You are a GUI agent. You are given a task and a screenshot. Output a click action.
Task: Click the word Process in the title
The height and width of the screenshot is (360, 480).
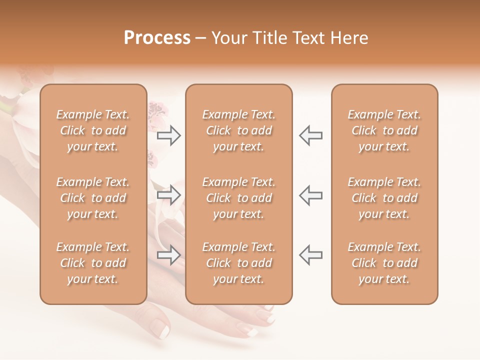tap(157, 38)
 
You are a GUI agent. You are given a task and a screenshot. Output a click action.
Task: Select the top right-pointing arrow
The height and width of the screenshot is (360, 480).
tap(169, 135)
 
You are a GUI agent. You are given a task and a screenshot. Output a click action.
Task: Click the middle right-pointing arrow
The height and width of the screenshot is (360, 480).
tap(169, 195)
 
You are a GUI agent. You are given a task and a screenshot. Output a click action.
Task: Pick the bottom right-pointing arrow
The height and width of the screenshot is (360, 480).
tap(169, 255)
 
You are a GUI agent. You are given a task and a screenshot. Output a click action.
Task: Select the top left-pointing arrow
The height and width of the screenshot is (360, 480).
tap(310, 135)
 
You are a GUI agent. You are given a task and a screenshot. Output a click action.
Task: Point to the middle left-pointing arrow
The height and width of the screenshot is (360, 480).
tap(310, 195)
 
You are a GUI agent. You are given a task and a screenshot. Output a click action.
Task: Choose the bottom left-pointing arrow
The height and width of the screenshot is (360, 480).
tap(310, 255)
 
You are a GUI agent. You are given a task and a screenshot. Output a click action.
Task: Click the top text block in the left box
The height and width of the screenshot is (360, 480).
tap(93, 130)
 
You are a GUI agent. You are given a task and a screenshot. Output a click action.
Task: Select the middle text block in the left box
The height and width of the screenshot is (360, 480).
tap(93, 198)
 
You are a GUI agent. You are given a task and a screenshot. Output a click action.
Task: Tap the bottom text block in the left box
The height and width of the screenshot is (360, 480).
tap(93, 263)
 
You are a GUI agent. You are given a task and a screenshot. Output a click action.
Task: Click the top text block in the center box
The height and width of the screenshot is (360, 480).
tap(238, 130)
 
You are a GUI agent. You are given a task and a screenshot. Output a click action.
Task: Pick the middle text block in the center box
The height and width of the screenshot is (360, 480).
tap(238, 198)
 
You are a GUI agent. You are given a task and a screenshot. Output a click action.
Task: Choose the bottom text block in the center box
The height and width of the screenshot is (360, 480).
tap(238, 263)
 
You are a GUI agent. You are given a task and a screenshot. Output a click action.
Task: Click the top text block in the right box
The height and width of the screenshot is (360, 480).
tap(384, 130)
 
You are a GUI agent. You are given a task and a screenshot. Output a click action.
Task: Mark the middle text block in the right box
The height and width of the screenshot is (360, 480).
tap(384, 198)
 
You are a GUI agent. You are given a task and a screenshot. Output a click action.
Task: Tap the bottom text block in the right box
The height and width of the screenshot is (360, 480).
tap(384, 263)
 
